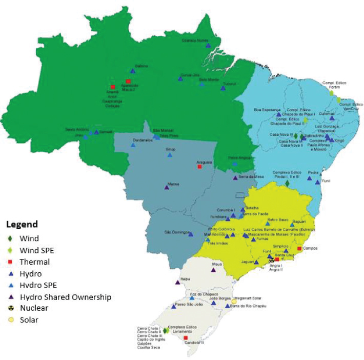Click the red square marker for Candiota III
[185, 337]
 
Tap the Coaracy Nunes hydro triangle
[208, 46]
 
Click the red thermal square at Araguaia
[200, 167]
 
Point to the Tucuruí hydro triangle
[223, 88]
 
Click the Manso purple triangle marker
[167, 187]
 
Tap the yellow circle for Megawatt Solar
[234, 302]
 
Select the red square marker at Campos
[299, 249]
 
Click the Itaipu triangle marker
[177, 282]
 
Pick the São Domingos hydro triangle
[191, 234]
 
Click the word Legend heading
[22, 224]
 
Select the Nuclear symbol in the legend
[10, 308]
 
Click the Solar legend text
[29, 320]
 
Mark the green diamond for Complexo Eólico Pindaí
[287, 183]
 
